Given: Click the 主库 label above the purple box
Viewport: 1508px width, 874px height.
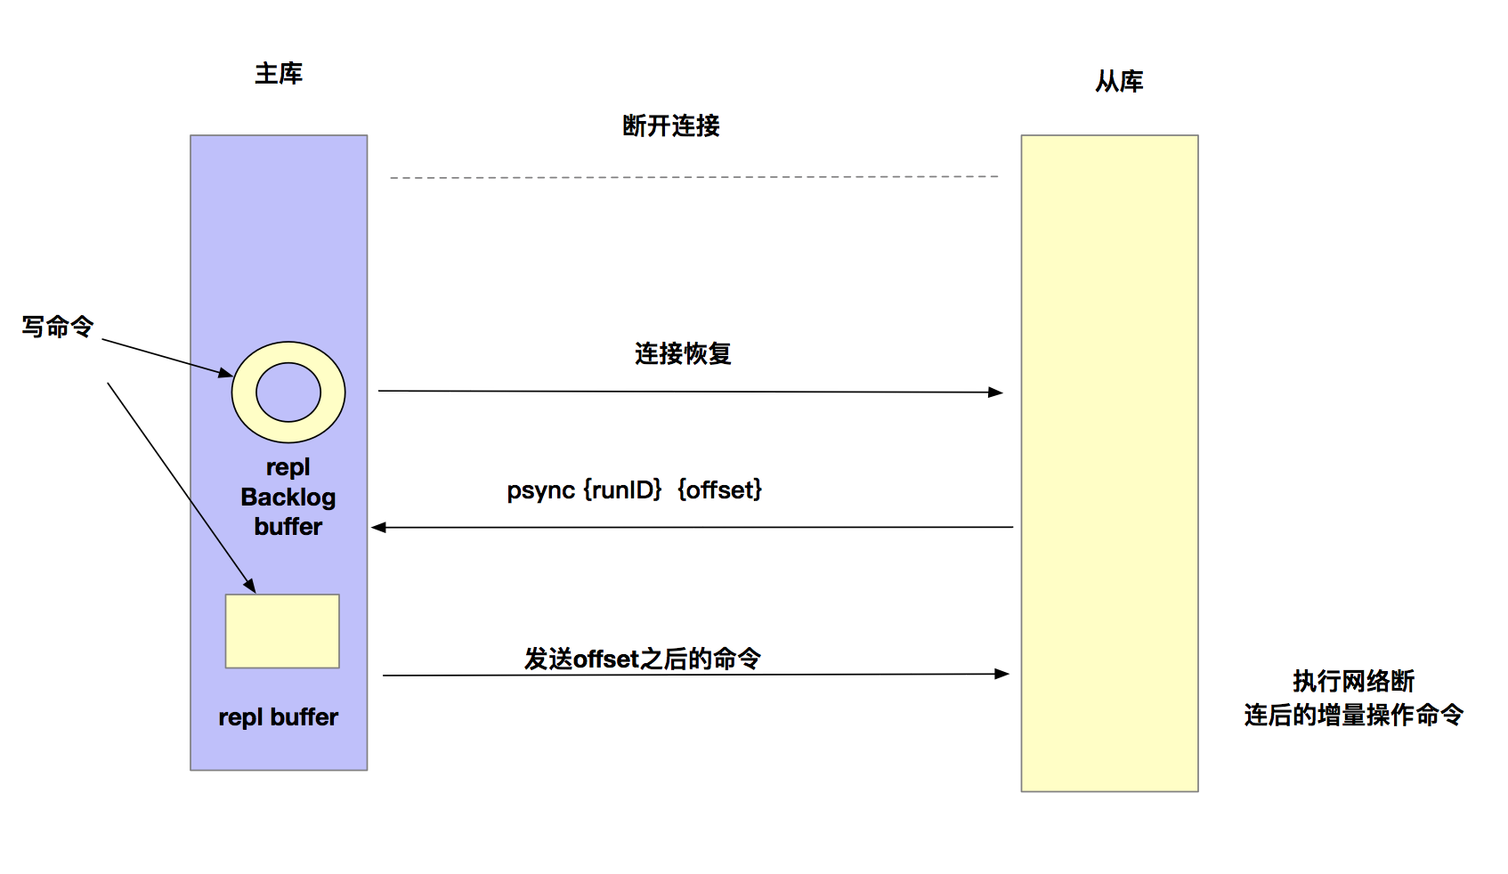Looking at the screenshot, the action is (x=279, y=73).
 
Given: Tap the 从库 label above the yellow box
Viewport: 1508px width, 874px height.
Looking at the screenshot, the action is (x=1119, y=81).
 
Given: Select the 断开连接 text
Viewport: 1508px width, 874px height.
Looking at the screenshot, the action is (x=671, y=125).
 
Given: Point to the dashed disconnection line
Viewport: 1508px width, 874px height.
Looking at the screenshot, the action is (x=694, y=177).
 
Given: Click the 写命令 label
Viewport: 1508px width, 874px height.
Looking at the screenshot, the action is (x=58, y=327).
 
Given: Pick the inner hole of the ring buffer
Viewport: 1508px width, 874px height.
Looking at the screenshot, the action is (x=288, y=392).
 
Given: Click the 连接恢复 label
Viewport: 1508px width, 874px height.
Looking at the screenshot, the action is (x=683, y=353).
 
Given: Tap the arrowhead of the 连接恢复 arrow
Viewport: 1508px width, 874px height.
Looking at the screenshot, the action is (x=995, y=392).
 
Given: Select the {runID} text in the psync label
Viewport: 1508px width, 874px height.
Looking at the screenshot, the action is (x=623, y=490).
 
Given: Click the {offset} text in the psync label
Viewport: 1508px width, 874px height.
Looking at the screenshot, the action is (x=719, y=490).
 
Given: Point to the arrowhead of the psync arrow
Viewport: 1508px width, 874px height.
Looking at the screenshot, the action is (x=378, y=528).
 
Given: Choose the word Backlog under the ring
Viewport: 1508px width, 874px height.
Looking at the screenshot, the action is (x=288, y=498).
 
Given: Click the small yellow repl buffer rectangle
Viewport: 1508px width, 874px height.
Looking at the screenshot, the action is (x=282, y=631).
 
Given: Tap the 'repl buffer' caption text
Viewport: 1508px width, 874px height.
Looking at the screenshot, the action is (x=278, y=717).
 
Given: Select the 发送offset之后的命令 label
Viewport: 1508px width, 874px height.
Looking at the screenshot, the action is (x=642, y=659).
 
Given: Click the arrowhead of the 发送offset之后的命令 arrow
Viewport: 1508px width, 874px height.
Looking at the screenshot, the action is (x=1001, y=674).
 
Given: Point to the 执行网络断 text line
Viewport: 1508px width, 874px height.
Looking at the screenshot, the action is (x=1353, y=682).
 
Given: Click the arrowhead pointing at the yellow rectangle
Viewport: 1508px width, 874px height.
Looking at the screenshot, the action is (x=250, y=586).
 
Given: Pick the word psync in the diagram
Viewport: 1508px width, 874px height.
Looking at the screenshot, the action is (x=540, y=490).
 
